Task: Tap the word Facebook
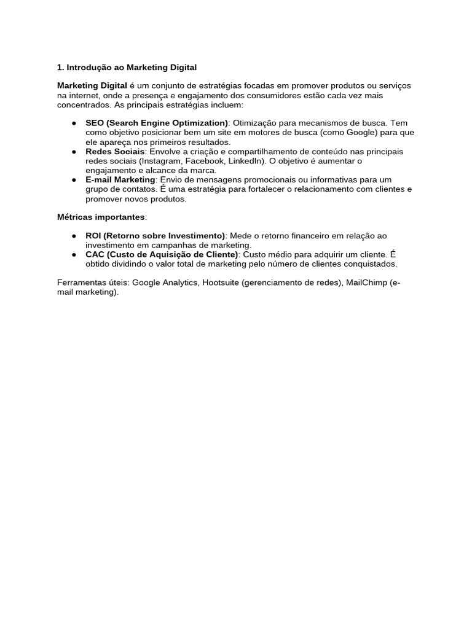pos(204,161)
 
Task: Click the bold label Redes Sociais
pos(115,151)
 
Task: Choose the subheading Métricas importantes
pos(101,217)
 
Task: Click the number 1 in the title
pos(60,67)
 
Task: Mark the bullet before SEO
pos(73,123)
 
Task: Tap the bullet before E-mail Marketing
pos(73,179)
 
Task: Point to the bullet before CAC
pos(73,255)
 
